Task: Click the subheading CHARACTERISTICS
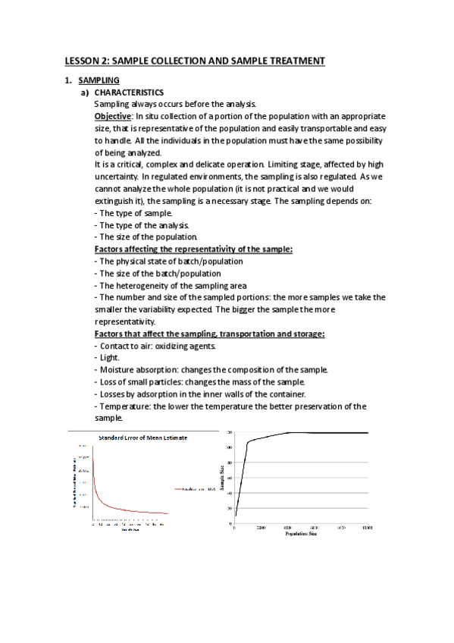(x=130, y=92)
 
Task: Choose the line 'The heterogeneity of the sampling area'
(x=168, y=285)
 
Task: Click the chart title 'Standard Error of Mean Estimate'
(x=144, y=438)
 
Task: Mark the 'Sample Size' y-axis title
(x=222, y=478)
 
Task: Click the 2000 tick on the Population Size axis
(x=261, y=527)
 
